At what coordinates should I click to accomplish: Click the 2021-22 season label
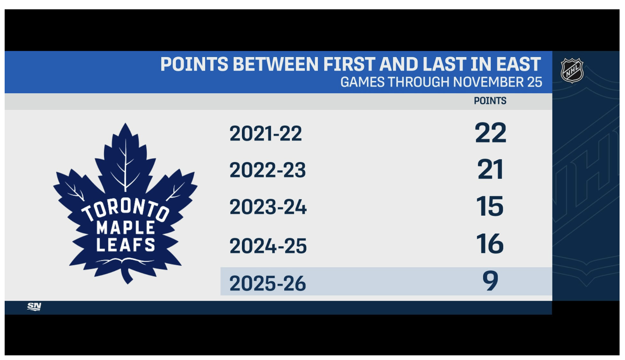click(266, 133)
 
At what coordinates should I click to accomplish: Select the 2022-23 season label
click(268, 170)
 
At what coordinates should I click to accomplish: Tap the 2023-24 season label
click(268, 207)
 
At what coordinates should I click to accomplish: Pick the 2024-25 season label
click(268, 246)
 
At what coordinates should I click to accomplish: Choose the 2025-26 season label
click(268, 284)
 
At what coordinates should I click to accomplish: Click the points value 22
click(490, 133)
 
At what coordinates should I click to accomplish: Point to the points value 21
click(490, 170)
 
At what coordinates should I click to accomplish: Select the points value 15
click(490, 206)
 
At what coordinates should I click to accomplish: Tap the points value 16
click(490, 244)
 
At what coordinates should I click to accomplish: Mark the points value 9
click(490, 281)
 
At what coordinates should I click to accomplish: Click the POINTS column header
click(490, 101)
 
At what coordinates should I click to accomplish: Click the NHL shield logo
click(572, 71)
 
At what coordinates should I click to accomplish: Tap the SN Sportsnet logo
click(34, 307)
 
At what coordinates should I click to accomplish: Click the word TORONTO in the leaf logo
click(126, 210)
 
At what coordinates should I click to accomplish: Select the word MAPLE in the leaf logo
click(126, 227)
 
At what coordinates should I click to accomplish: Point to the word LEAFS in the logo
click(126, 245)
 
